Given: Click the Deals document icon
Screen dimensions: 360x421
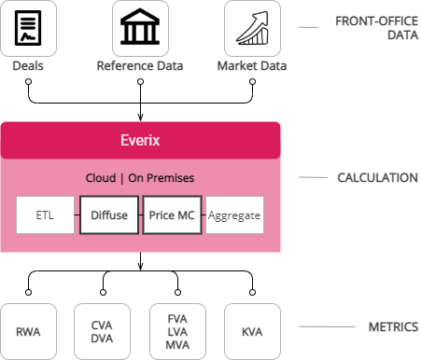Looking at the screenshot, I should (28, 28).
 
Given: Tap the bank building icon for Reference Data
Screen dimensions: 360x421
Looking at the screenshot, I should (140, 28).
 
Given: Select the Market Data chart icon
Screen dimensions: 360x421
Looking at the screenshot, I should (252, 28).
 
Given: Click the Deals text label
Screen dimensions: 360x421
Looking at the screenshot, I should (28, 65).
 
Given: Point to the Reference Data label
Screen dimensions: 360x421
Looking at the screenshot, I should (140, 65).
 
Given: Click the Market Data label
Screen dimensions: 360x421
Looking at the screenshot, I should (252, 65).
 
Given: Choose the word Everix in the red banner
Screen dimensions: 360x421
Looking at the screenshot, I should (140, 140).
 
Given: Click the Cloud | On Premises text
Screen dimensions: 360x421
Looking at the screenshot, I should (140, 177).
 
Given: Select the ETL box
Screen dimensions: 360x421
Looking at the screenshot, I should (46, 215).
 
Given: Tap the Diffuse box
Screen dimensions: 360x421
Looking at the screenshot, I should (108, 215).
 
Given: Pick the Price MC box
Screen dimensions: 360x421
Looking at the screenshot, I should (172, 215).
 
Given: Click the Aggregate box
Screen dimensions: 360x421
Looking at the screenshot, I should (234, 215).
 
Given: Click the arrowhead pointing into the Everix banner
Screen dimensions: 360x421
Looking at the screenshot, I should (140, 117).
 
